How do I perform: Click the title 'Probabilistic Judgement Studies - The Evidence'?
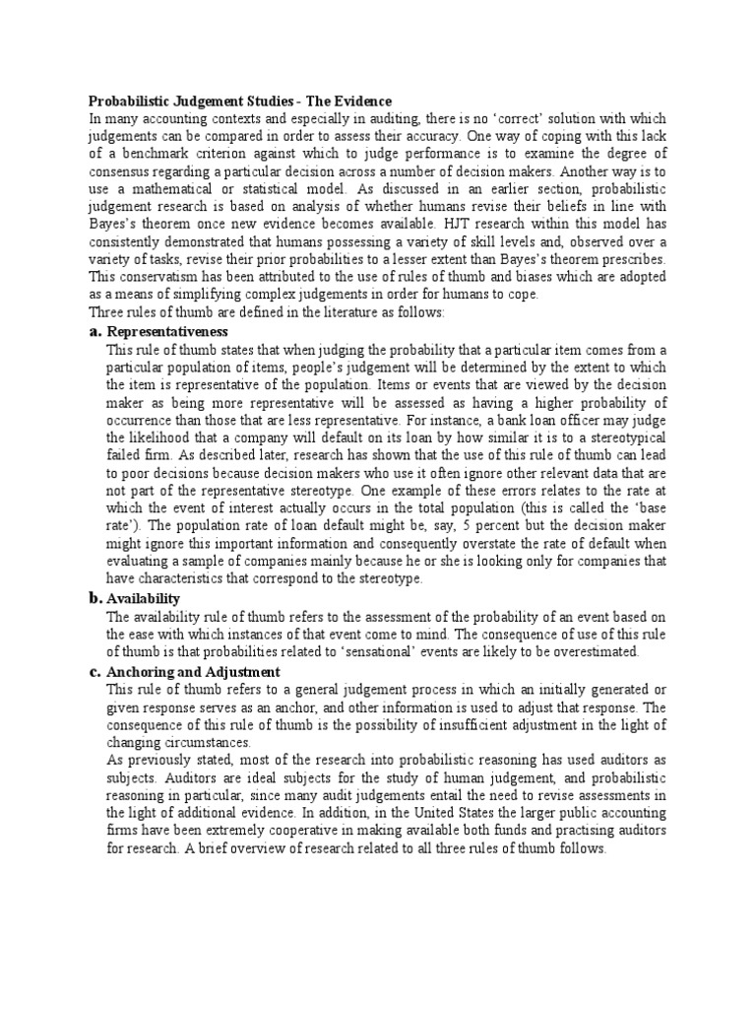pyautogui.click(x=240, y=101)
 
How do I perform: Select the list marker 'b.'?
pyautogui.click(x=95, y=598)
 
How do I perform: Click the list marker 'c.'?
pyautogui.click(x=95, y=671)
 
